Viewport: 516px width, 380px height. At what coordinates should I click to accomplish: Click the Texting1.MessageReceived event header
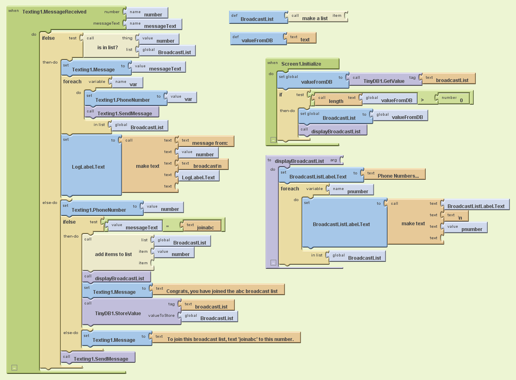(54, 11)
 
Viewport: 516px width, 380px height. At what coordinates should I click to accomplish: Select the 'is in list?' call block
(108, 47)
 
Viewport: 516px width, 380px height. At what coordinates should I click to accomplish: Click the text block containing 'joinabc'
(204, 225)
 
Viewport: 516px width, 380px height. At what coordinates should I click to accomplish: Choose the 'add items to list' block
(113, 254)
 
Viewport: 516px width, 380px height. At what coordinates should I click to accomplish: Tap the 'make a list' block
(314, 18)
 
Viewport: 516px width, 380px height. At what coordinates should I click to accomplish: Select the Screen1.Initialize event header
(301, 64)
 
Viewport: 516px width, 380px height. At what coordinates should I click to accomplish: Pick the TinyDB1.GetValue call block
(383, 81)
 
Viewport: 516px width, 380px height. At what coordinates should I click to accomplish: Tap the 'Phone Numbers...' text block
(397, 176)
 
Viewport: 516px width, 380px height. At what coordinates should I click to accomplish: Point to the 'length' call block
(335, 101)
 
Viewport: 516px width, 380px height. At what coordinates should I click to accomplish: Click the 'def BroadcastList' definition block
(257, 19)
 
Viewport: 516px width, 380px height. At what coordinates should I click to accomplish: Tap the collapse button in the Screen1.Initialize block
(273, 140)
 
